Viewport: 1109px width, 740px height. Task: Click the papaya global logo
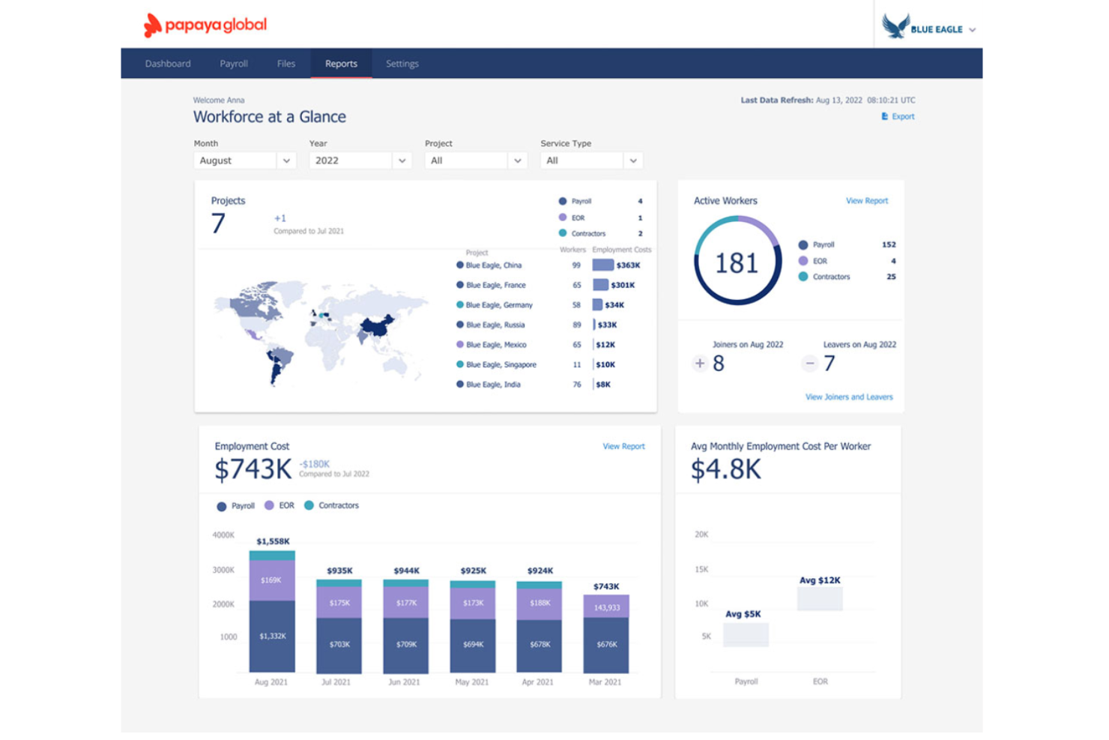tap(205, 25)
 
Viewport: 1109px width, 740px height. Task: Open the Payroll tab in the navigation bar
tap(234, 64)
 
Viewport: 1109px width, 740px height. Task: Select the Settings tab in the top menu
tap(402, 64)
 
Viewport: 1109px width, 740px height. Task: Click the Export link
tap(898, 116)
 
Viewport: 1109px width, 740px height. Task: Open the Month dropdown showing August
tap(244, 160)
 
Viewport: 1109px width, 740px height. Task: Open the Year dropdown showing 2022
tap(360, 160)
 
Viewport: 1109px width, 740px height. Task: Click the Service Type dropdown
tap(591, 160)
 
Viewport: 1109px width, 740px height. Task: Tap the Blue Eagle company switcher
tap(929, 28)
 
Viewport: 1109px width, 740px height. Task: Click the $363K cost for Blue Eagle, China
tap(627, 265)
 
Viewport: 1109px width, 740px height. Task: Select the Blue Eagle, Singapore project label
tap(501, 365)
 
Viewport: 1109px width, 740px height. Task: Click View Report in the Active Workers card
tap(866, 201)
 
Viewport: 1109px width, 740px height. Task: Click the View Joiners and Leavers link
tap(849, 397)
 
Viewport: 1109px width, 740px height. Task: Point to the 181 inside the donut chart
tap(737, 263)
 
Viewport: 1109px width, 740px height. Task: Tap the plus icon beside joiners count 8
tap(700, 364)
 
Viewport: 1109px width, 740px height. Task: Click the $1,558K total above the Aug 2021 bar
tap(273, 541)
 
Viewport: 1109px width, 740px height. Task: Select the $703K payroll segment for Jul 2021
tap(339, 644)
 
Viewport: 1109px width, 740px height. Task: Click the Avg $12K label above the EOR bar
tap(820, 580)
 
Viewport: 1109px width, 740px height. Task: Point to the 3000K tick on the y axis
tap(223, 570)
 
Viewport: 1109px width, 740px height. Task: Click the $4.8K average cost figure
tap(725, 470)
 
